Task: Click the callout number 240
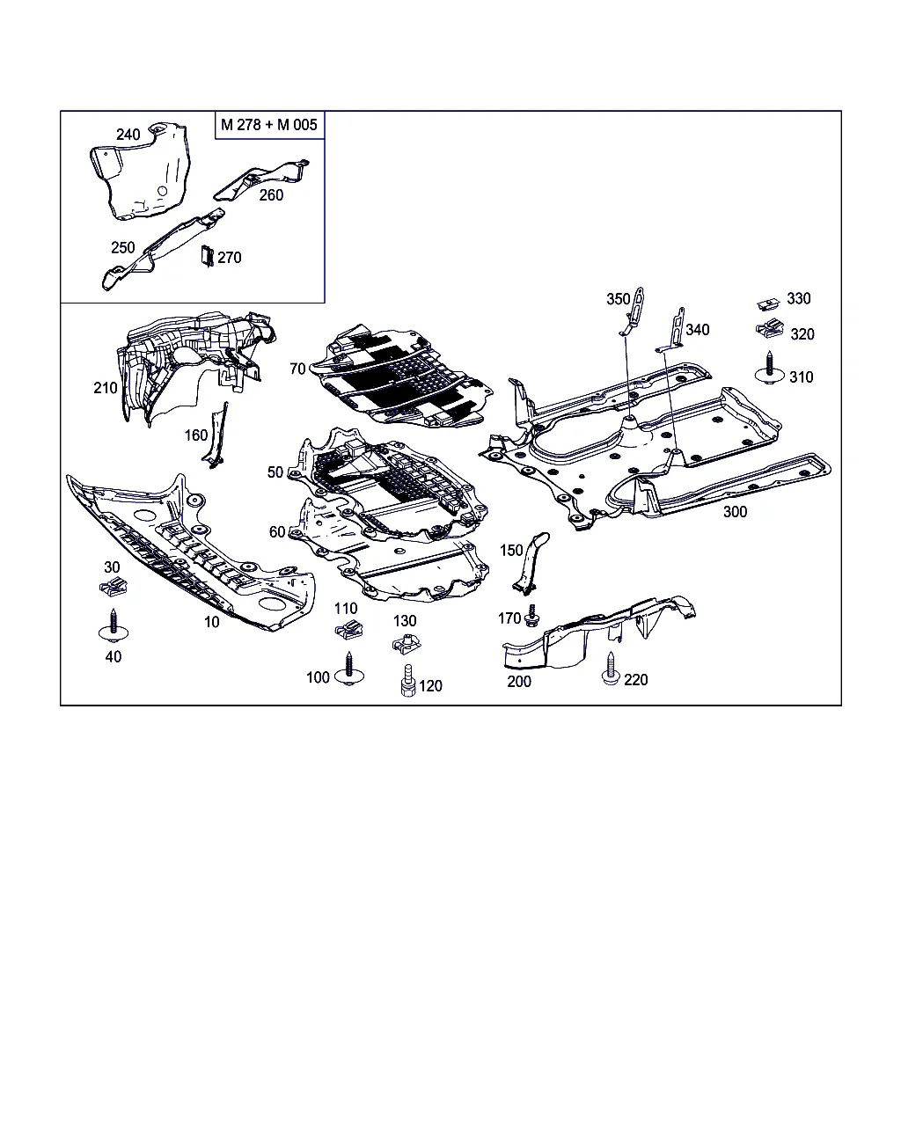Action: pyautogui.click(x=128, y=135)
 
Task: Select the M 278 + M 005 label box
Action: pyautogui.click(x=269, y=125)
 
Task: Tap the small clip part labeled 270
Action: pyautogui.click(x=208, y=255)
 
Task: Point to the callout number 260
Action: pyautogui.click(x=271, y=195)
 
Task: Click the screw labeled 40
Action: pyautogui.click(x=112, y=627)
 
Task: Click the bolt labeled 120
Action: pyautogui.click(x=407, y=683)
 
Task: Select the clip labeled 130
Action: pyautogui.click(x=406, y=644)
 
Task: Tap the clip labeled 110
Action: pyautogui.click(x=348, y=629)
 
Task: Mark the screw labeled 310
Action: pyautogui.click(x=771, y=369)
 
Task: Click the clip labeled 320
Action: pyautogui.click(x=771, y=332)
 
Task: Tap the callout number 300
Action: pyautogui.click(x=735, y=512)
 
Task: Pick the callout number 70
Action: pyautogui.click(x=297, y=369)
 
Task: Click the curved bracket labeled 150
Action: pyautogui.click(x=531, y=563)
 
